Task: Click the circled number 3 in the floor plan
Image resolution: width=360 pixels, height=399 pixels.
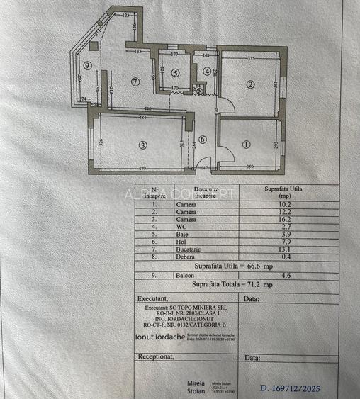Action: [143, 146]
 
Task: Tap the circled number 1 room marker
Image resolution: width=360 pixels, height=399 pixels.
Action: [246, 145]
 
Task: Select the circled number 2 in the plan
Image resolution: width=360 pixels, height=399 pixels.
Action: [249, 85]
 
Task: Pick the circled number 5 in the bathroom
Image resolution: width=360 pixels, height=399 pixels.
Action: [175, 72]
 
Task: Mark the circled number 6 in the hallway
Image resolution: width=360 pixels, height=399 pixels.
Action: [203, 140]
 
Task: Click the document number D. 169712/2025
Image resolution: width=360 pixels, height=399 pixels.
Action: [291, 388]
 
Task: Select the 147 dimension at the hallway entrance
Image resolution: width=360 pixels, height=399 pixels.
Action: [204, 167]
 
